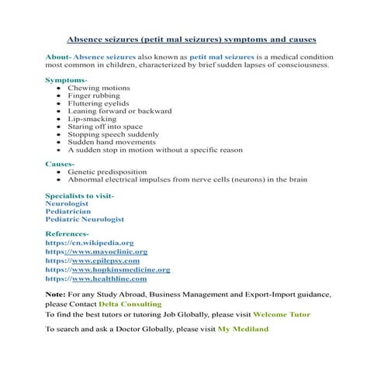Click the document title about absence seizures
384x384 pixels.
coord(192,38)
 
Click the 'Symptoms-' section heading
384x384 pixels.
coord(66,80)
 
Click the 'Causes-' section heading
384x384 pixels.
coord(60,164)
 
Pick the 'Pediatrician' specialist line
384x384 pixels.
coord(67,210)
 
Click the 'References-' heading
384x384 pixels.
coord(67,234)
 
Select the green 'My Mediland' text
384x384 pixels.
coord(243,329)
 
